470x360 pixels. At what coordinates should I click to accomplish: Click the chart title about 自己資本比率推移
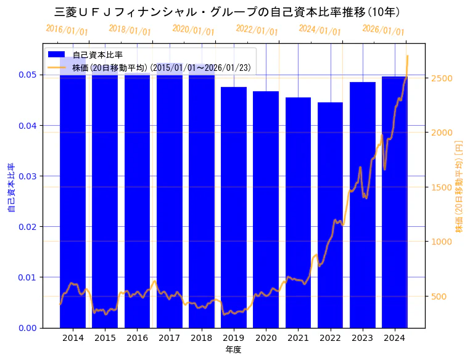228,12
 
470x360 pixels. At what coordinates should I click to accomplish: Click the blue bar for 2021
298,212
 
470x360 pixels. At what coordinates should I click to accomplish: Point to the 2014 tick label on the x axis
73,338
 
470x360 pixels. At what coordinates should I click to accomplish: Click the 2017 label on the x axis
169,338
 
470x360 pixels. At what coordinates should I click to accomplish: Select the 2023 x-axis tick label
362,338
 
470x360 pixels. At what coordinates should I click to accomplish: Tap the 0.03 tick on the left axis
28,176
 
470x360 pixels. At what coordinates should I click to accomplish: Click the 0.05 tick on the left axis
28,75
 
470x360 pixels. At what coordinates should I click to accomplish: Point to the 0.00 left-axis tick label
28,328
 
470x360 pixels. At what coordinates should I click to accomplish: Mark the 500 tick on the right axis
438,297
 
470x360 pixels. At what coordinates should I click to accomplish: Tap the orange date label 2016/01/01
67,30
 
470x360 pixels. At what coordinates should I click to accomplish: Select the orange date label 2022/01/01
257,30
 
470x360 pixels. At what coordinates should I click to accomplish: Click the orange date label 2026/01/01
383,30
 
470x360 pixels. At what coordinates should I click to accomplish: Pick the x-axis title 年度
233,350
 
